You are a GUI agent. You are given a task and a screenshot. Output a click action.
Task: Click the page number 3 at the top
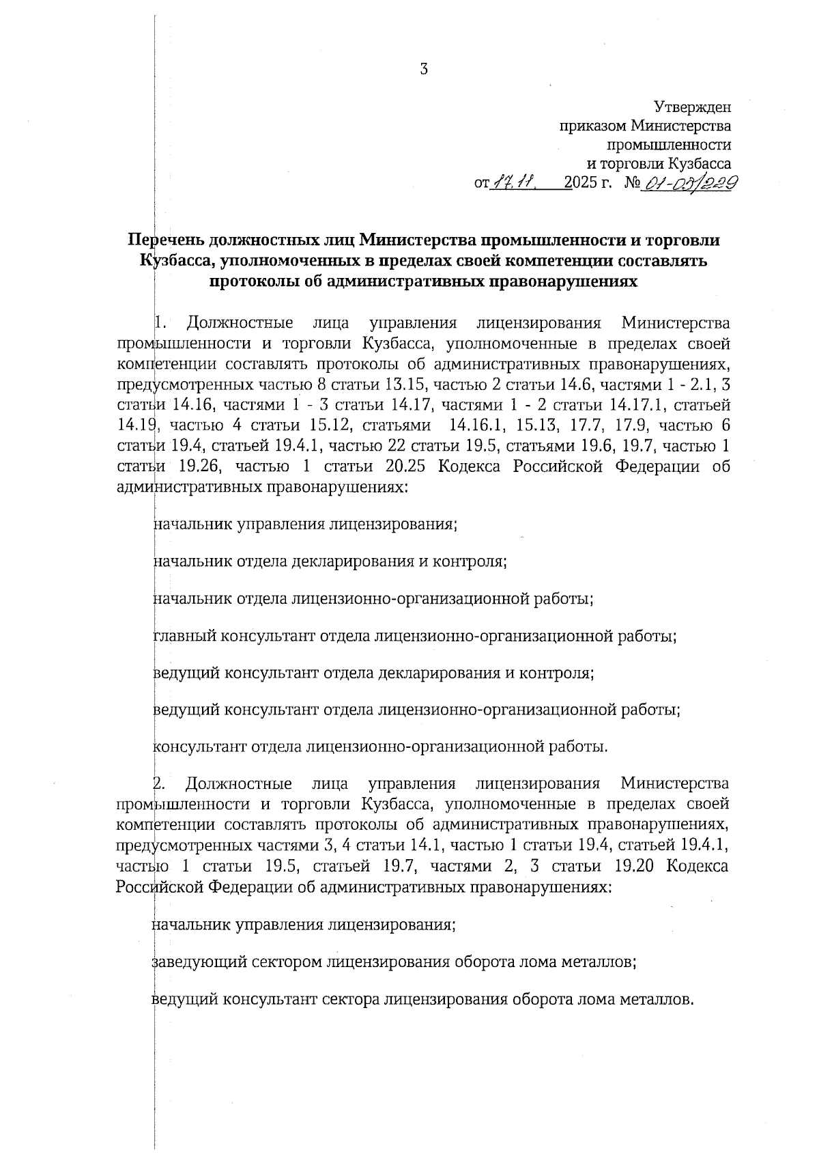423,69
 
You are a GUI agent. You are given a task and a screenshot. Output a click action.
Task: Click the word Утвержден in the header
692,107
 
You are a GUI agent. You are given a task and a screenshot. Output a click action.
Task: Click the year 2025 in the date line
578,184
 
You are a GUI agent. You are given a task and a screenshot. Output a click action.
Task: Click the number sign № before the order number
631,184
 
